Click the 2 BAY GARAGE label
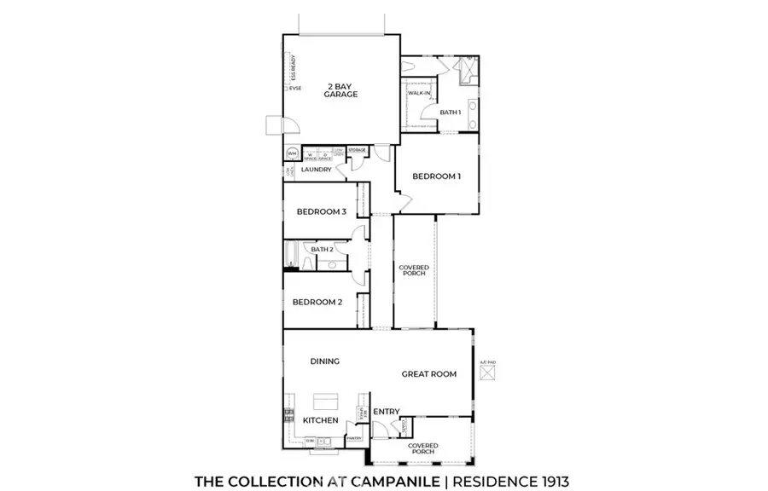click(x=340, y=90)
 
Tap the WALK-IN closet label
click(x=418, y=92)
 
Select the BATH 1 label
click(x=450, y=113)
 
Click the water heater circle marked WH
click(x=292, y=153)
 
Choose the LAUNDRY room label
click(x=316, y=170)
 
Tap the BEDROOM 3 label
click(x=321, y=212)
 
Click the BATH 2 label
click(x=322, y=249)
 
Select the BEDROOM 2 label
click(x=317, y=302)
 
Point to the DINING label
click(x=324, y=361)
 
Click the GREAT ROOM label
click(x=430, y=373)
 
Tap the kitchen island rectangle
click(x=325, y=401)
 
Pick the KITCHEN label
click(x=321, y=420)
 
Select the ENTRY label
click(x=386, y=413)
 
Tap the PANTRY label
click(x=354, y=439)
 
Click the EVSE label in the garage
click(x=295, y=88)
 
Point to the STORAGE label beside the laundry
click(x=357, y=150)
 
